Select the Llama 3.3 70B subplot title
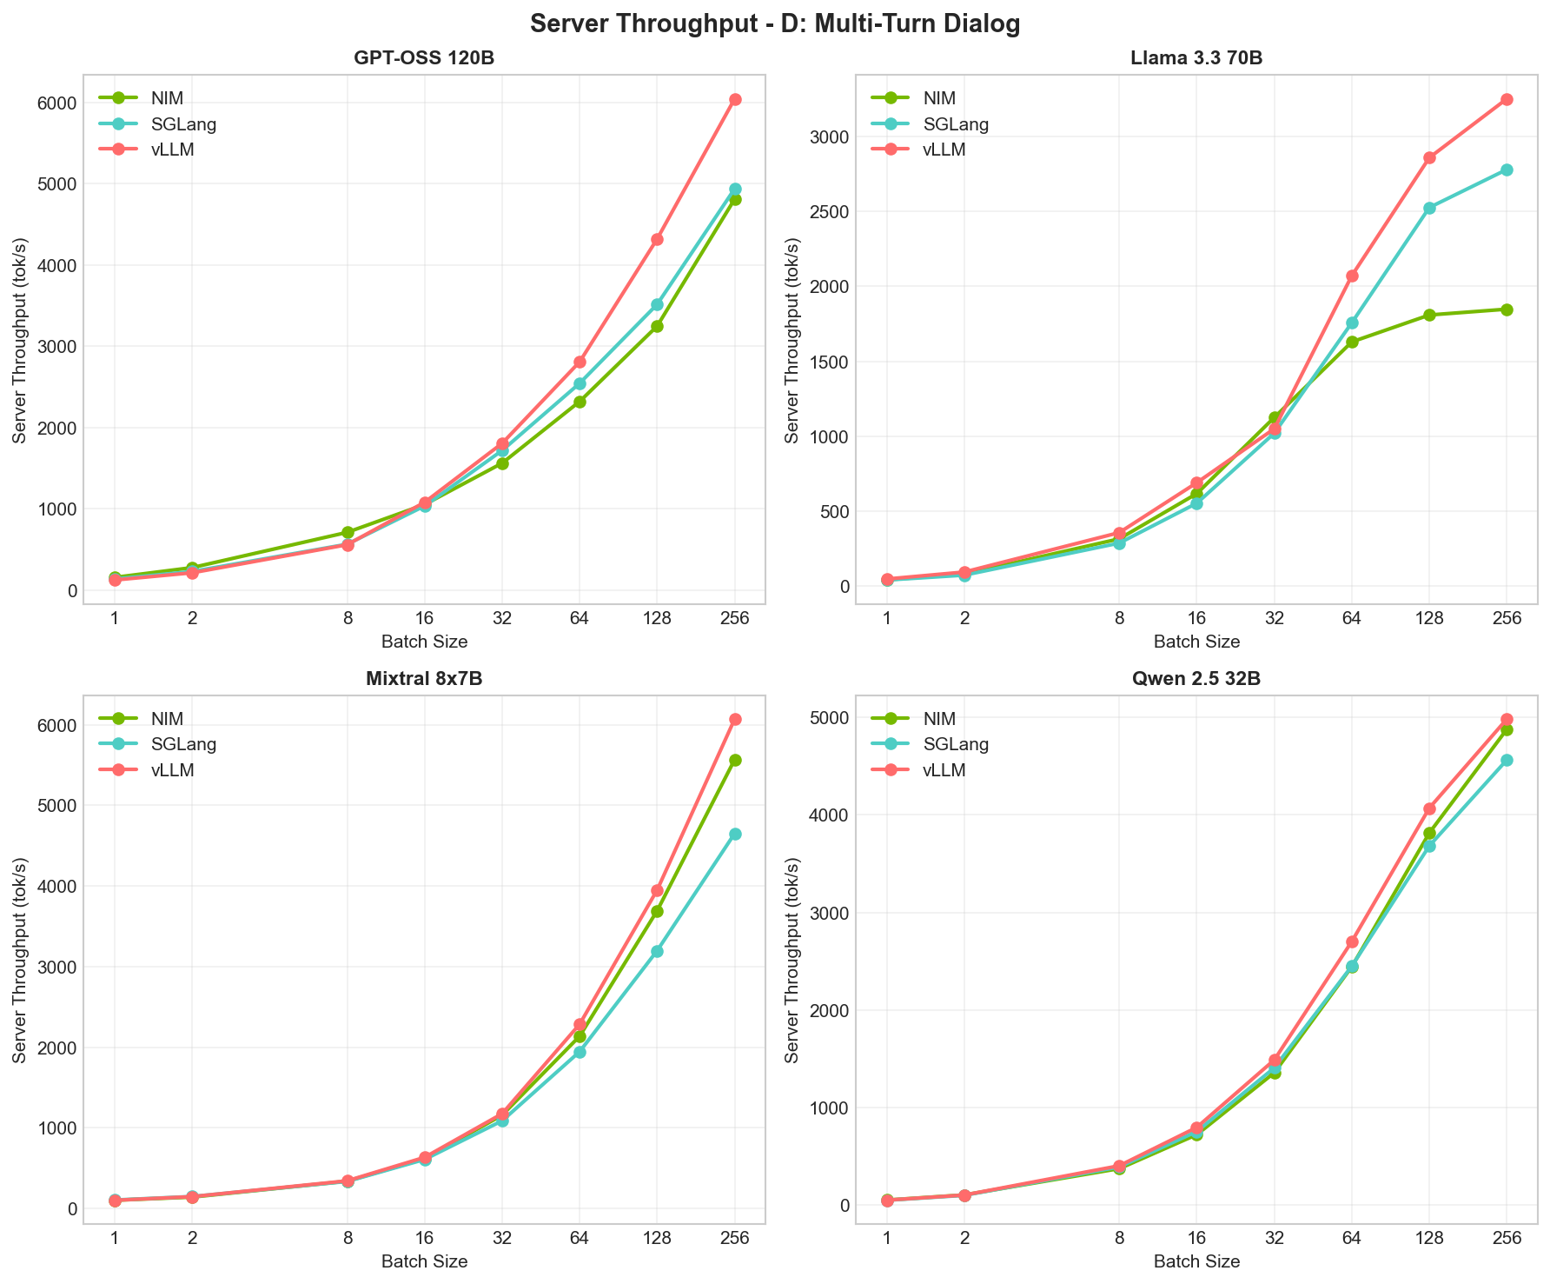[1196, 59]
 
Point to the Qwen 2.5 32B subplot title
[1196, 680]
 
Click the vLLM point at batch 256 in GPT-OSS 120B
[735, 100]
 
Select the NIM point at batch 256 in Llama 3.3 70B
[1507, 309]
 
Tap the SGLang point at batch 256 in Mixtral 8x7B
[735, 835]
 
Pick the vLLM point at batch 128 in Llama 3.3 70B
[1429, 158]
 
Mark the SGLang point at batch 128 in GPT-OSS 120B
[657, 305]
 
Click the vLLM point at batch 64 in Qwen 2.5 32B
[1352, 942]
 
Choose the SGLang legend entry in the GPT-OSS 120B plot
[182, 124]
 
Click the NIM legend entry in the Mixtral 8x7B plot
[167, 719]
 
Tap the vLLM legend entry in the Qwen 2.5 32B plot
[943, 770]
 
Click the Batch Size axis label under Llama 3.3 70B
[1196, 642]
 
